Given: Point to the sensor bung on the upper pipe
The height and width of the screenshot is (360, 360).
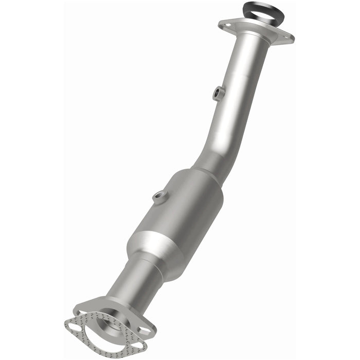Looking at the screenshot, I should [219, 93].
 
